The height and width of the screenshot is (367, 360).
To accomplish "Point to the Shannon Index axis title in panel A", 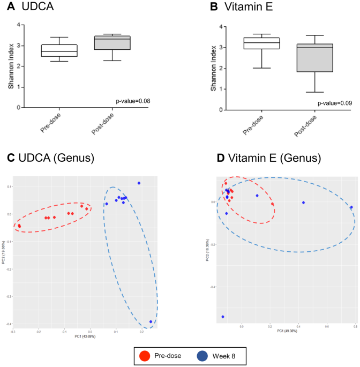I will click(x=10, y=66).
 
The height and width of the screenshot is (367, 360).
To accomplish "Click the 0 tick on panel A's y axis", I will click(x=19, y=107).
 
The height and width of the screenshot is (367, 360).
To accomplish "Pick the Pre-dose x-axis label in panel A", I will click(x=52, y=124).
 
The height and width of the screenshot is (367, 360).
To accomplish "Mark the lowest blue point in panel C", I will click(x=151, y=322).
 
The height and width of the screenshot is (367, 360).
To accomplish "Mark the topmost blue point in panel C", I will click(x=139, y=183).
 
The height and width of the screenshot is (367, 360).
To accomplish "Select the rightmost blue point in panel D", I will click(x=351, y=207).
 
